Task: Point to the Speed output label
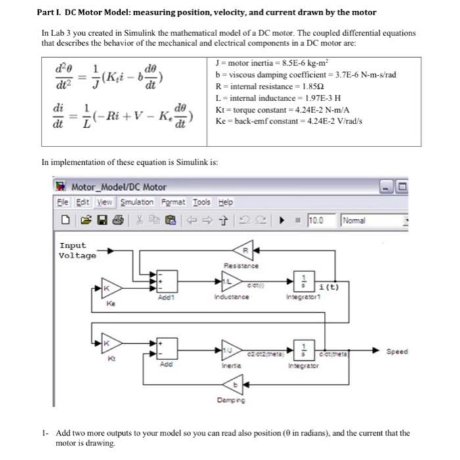(397, 352)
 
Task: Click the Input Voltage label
(78, 250)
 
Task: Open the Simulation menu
(136, 202)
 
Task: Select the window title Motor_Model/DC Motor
(118, 187)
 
